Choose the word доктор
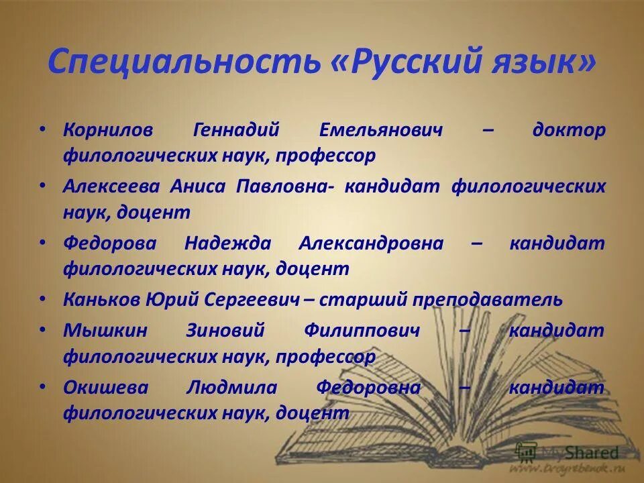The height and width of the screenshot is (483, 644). tap(568, 129)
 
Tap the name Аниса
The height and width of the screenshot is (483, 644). tap(199, 186)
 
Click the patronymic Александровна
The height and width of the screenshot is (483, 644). tap(370, 244)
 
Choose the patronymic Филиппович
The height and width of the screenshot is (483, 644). tap(362, 330)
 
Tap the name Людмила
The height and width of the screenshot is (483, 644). tap(229, 387)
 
